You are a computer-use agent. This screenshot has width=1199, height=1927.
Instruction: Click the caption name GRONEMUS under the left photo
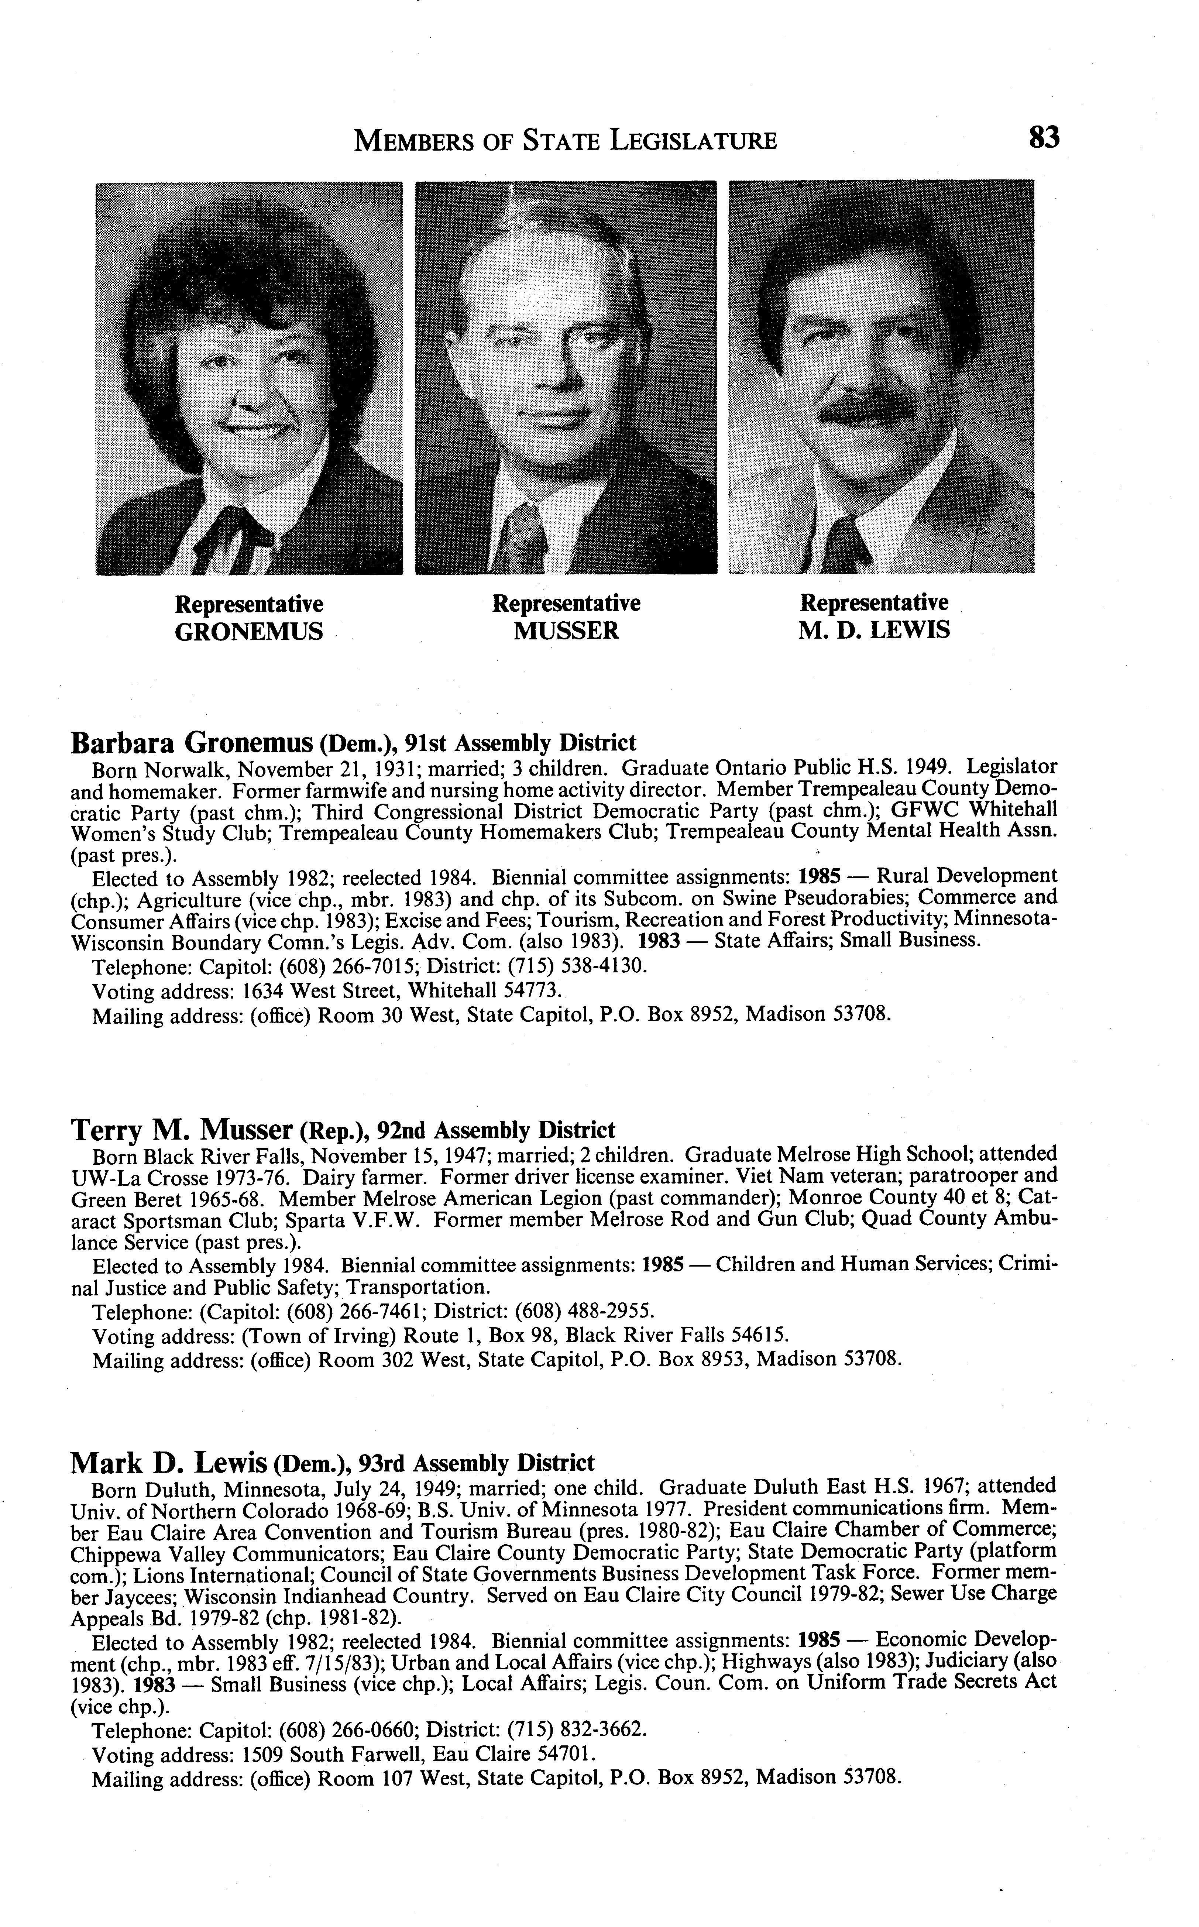pyautogui.click(x=249, y=632)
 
